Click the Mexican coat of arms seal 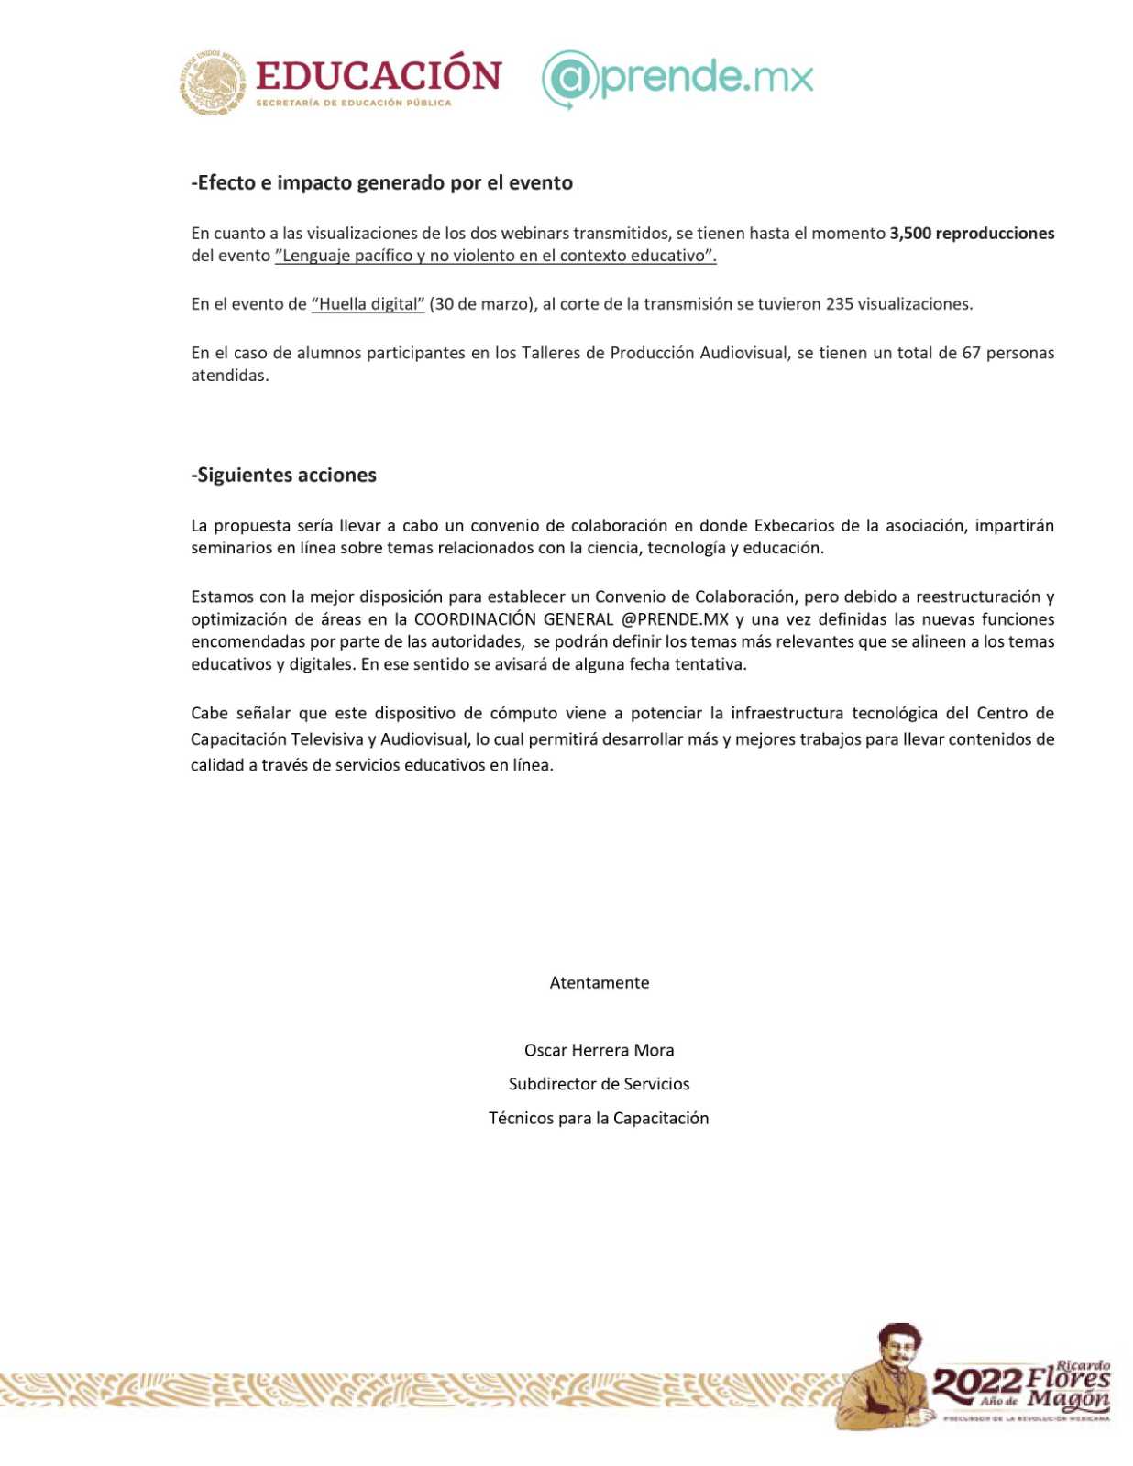point(213,82)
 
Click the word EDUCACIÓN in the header point(379,75)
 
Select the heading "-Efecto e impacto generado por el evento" point(381,182)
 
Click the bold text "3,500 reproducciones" point(972,233)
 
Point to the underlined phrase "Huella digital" point(368,304)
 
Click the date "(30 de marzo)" point(481,304)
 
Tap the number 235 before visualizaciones point(839,304)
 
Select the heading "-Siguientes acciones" point(283,475)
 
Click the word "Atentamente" point(599,983)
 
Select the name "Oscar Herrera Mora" point(599,1050)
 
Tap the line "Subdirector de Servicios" point(599,1084)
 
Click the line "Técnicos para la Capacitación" point(599,1118)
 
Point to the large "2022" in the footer point(976,1384)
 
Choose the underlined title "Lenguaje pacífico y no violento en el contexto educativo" point(495,256)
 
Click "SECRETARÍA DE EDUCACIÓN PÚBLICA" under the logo point(354,103)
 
